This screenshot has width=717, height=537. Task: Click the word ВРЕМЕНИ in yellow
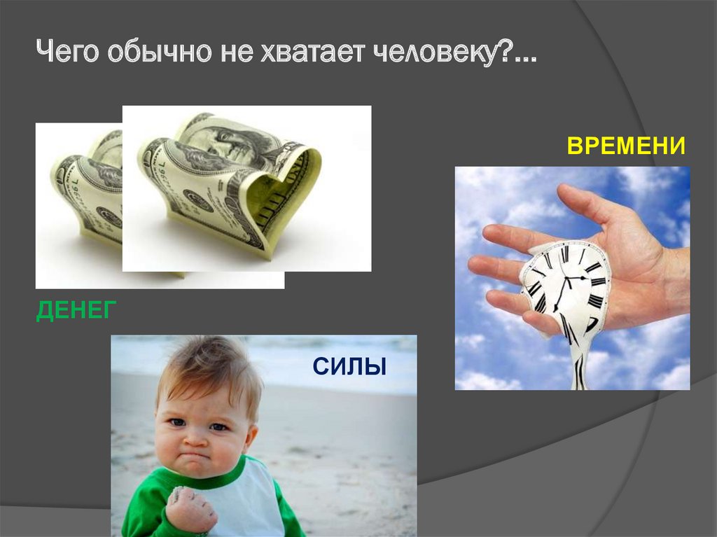pyautogui.click(x=625, y=146)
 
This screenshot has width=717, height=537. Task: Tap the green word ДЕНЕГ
pyautogui.click(x=74, y=309)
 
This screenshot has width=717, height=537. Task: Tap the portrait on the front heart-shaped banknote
pyautogui.click(x=231, y=140)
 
